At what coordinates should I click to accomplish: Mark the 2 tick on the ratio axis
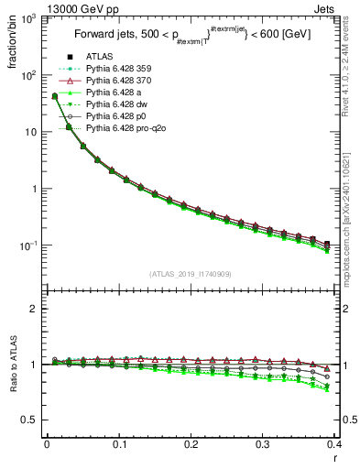[36, 309]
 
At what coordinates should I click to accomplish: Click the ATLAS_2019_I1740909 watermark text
[191, 274]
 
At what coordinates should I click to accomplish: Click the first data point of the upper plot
[54, 96]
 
